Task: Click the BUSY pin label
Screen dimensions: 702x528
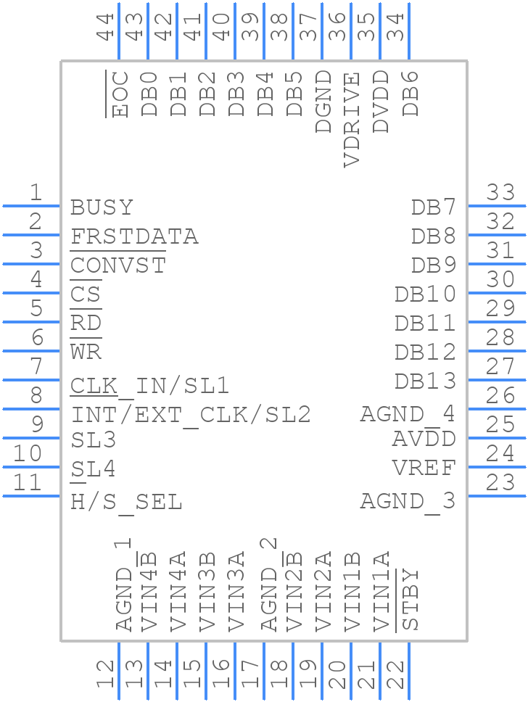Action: coord(102,207)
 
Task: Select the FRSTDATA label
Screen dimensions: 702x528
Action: coord(134,236)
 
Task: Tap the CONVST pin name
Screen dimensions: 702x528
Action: coord(118,265)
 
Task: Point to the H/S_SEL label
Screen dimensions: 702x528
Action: coord(126,502)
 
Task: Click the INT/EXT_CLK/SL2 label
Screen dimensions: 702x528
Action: coord(191,415)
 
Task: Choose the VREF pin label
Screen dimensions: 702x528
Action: coord(424,468)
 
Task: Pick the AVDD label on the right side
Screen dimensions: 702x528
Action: coord(424,439)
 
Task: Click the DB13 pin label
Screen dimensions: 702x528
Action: coord(425,381)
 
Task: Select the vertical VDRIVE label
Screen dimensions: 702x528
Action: coord(351,120)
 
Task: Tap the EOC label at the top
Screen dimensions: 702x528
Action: coord(120,94)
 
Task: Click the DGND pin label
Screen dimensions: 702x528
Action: coord(323,102)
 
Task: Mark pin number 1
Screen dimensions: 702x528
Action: coord(35,192)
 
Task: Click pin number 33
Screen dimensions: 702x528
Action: coord(500,192)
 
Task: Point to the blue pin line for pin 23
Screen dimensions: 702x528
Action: coord(497,496)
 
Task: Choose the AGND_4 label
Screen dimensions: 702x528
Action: coord(408,414)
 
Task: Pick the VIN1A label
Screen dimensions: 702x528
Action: coord(381,591)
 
